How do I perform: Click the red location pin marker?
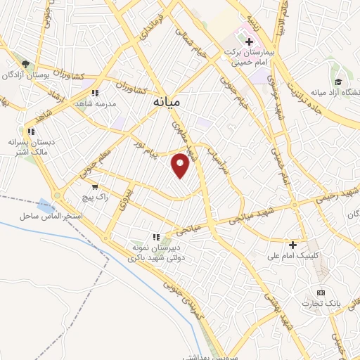(181, 165)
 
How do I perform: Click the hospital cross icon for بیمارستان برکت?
(249, 42)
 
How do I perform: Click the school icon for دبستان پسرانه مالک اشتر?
(30, 131)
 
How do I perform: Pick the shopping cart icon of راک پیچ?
(95, 187)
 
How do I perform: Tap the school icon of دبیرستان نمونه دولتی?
(156, 237)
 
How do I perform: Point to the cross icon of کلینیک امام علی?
(293, 245)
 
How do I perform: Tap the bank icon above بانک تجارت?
(321, 292)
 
